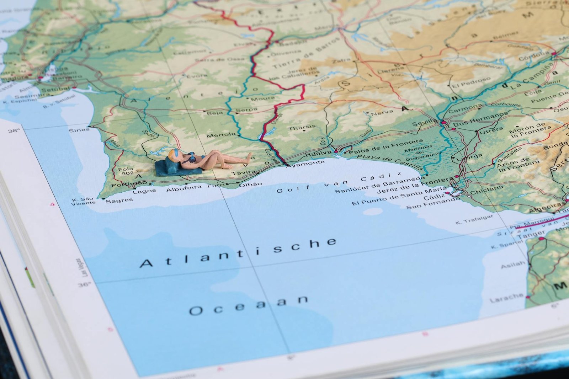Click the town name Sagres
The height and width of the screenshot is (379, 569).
tap(119, 201)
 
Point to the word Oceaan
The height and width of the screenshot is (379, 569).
tap(249, 305)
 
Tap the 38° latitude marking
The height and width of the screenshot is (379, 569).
tap(14, 130)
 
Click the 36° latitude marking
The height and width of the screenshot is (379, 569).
tap(84, 285)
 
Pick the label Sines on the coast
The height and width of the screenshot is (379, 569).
tap(79, 130)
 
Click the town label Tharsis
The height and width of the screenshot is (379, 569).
tap(302, 127)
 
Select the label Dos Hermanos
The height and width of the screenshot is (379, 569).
tap(480, 120)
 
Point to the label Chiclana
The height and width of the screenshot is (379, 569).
tap(486, 190)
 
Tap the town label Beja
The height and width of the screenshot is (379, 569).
tap(214, 113)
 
